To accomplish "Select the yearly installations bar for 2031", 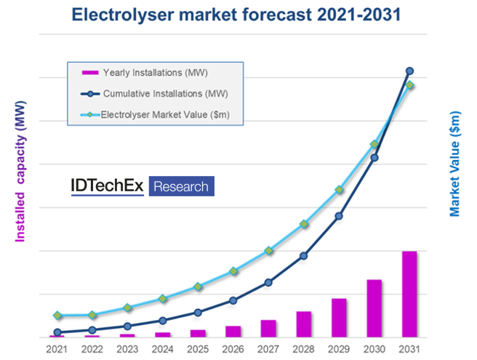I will (x=409, y=294).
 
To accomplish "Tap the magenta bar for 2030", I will (x=374, y=308).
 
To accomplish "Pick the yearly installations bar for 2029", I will (x=339, y=318).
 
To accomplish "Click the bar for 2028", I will (x=304, y=324).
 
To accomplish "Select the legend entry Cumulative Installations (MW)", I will (x=153, y=93).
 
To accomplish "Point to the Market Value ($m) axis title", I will (x=456, y=164).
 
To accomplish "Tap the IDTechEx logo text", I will (x=108, y=186).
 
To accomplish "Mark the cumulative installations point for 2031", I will (x=409, y=71).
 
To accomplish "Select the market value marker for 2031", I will (x=410, y=86).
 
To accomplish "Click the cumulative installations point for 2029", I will (x=339, y=216).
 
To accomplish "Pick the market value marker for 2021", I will (x=57, y=316).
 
